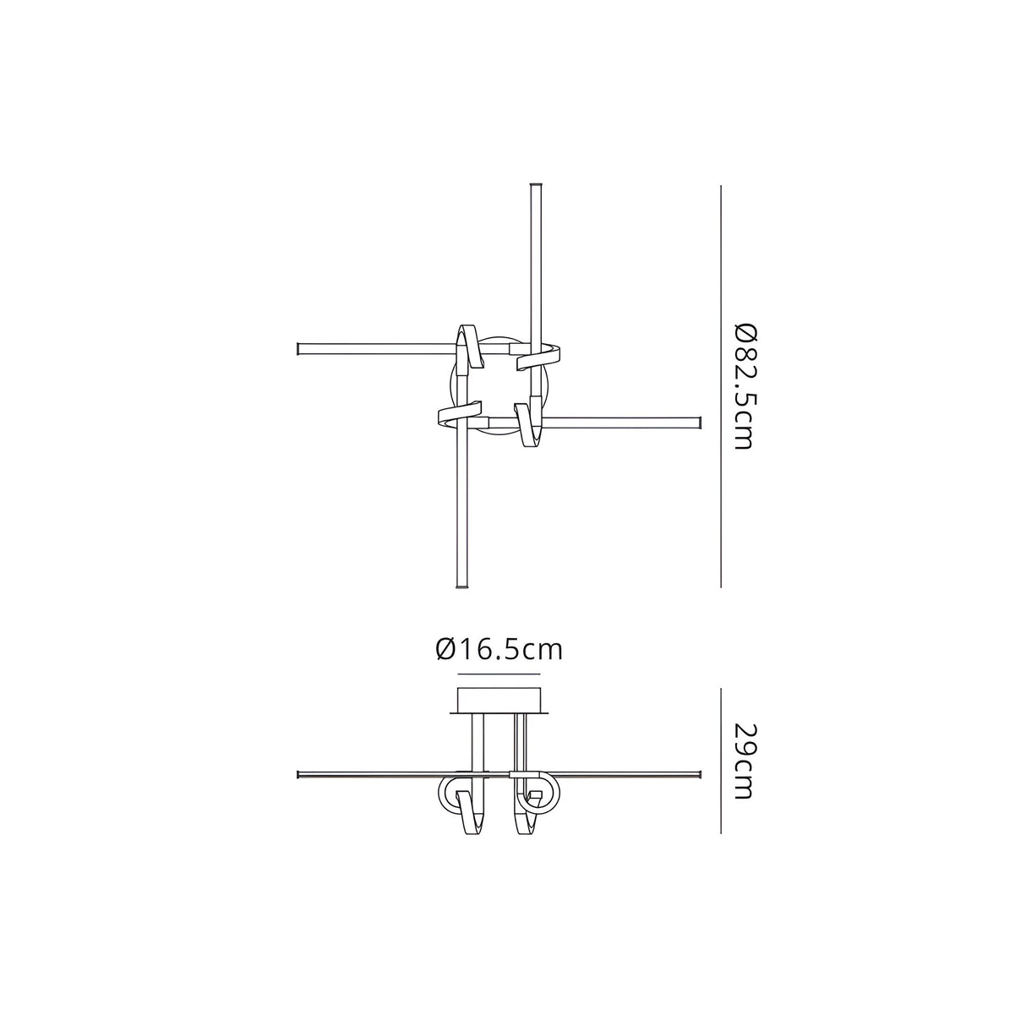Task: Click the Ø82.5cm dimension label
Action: (x=742, y=385)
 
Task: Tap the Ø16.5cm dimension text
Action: (x=499, y=649)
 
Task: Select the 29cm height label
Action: (x=742, y=761)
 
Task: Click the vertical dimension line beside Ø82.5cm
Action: (x=720, y=385)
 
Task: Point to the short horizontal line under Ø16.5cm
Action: (x=498, y=674)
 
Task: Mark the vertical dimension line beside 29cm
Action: (x=720, y=761)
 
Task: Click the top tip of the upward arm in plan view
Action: (x=534, y=185)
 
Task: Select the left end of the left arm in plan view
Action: (x=299, y=347)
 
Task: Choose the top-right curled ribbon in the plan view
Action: (x=541, y=355)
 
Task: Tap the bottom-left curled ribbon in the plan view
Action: (x=461, y=414)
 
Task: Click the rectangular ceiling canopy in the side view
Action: (x=498, y=701)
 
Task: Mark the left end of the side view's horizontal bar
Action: (x=300, y=774)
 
